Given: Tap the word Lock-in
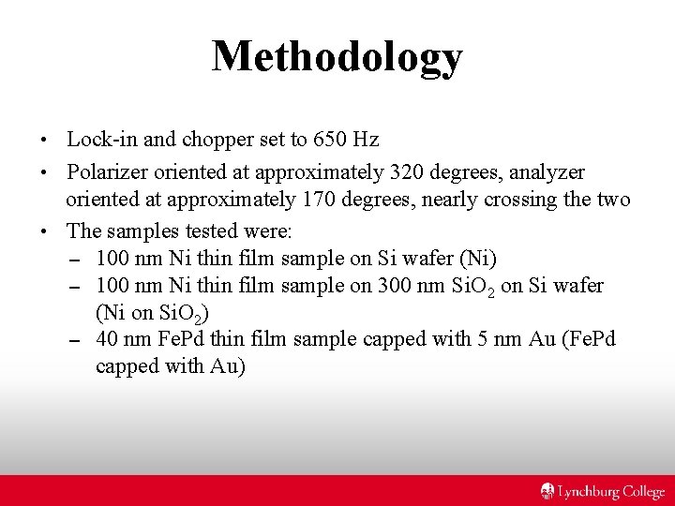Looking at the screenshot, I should (98, 141).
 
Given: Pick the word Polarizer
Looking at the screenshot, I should (108, 172).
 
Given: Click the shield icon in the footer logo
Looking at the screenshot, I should (548, 491).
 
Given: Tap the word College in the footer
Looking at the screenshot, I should (642, 491).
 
